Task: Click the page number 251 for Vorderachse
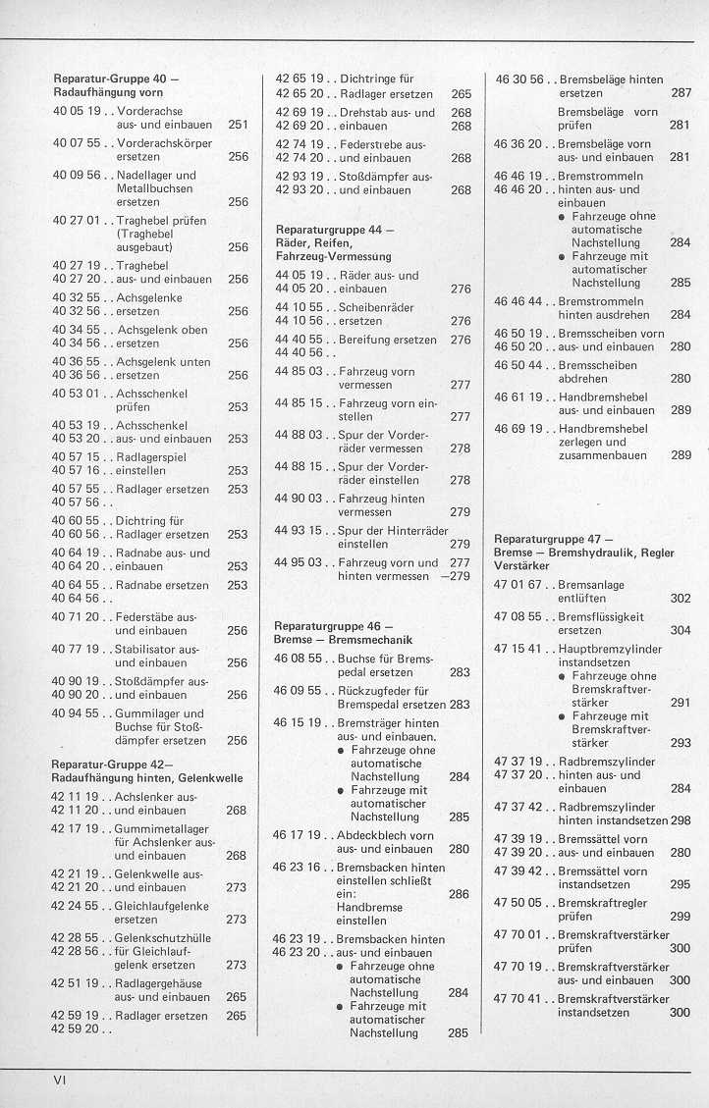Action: coord(237,126)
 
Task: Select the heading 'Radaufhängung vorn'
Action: coord(108,91)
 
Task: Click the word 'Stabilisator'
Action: coord(145,649)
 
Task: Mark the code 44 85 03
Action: coord(299,372)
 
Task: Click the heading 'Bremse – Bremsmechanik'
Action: coord(344,640)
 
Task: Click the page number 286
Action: coord(458,894)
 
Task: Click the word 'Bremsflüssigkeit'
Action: coord(600,617)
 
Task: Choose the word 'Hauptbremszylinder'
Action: coord(609,650)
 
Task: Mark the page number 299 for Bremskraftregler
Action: coord(680,916)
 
